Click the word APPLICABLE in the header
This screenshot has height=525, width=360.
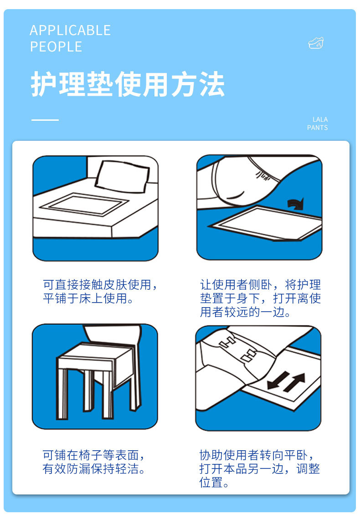pos(70,31)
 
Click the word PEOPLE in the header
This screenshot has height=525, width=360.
pos(56,46)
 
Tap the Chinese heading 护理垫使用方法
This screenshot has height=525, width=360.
pos(128,85)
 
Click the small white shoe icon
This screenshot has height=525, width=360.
pos(316,43)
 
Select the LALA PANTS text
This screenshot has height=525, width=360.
pos(317,124)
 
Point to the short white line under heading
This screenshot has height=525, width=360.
pos(45,120)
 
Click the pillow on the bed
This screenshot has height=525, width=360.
pos(122,176)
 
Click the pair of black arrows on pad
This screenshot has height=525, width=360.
pos(286,381)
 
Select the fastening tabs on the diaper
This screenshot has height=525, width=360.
pos(237,349)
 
